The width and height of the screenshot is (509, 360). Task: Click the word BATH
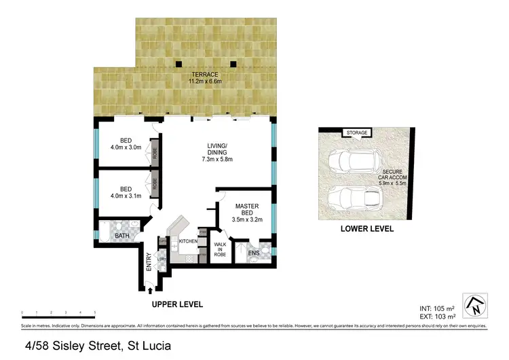coord(122,236)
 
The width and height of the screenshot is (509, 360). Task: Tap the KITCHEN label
coord(188,241)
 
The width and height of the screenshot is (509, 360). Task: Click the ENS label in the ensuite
coord(253,255)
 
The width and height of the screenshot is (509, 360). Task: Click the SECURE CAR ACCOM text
coord(393,177)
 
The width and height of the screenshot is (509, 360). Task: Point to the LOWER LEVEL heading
coord(366,230)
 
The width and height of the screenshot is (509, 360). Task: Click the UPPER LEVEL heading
coord(177,304)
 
